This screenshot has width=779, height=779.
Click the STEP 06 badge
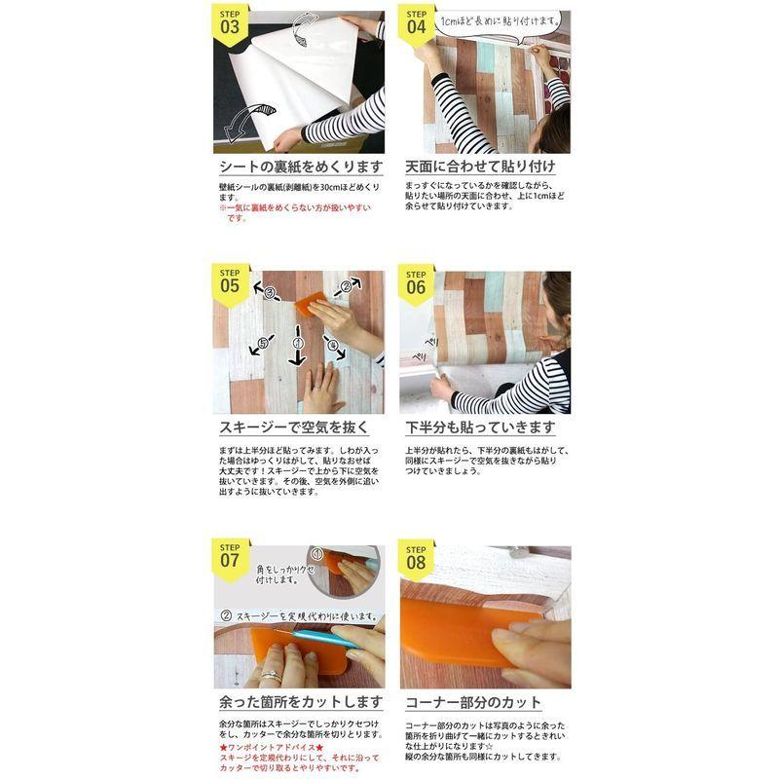(417, 283)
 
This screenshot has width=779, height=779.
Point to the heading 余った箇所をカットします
(298, 702)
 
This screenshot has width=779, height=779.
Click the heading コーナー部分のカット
(473, 702)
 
